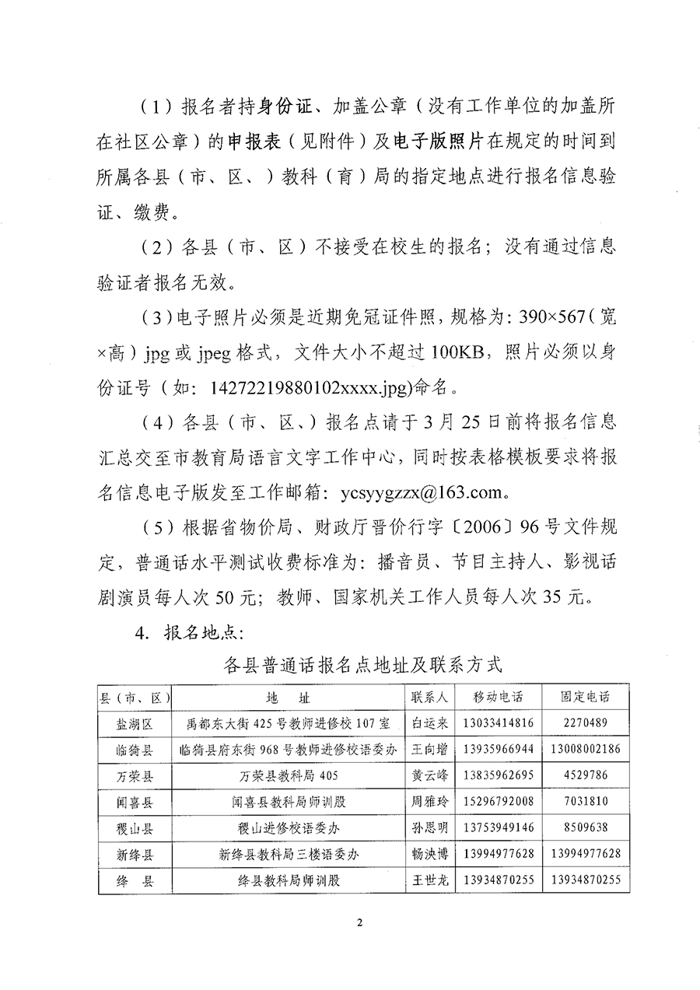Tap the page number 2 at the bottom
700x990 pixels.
[x=359, y=922]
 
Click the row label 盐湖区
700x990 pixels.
[x=135, y=722]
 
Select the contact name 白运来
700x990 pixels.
[x=429, y=722]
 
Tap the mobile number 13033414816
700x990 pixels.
[x=498, y=722]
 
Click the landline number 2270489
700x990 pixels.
[x=585, y=722]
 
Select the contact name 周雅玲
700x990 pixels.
[x=429, y=801]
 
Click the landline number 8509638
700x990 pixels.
[x=585, y=827]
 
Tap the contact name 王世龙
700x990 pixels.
[x=429, y=880]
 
